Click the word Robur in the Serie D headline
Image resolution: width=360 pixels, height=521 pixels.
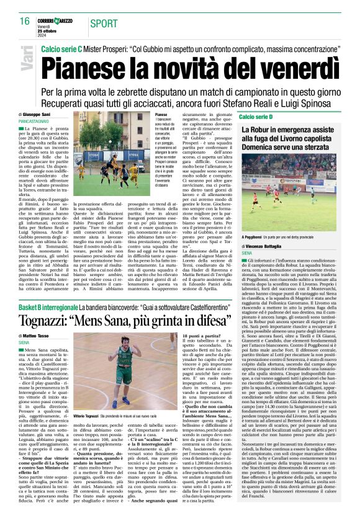(275, 129)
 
